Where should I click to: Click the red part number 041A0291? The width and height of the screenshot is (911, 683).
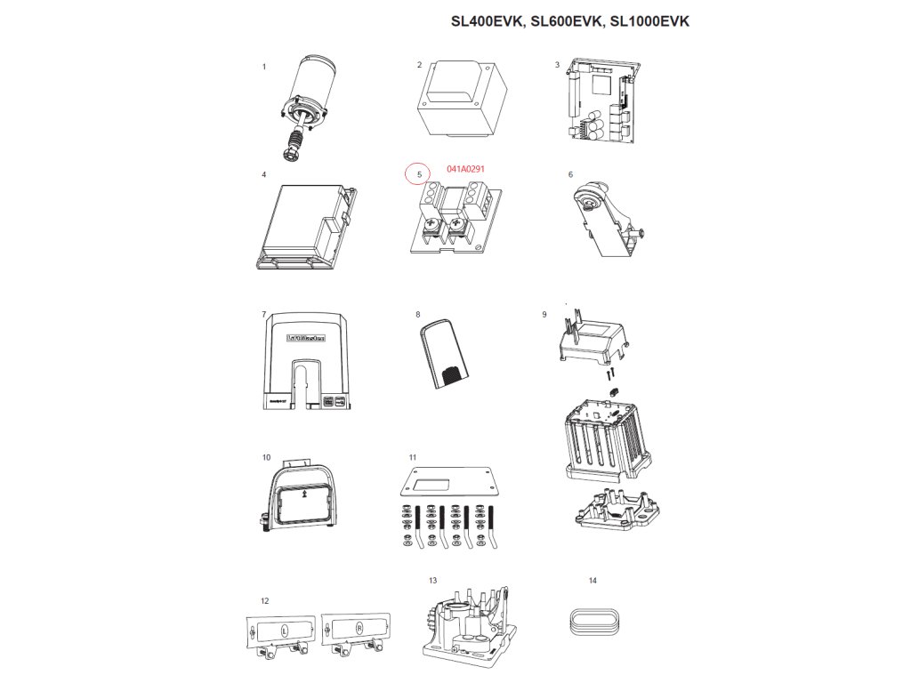(465, 169)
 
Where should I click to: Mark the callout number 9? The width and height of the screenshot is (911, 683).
(544, 315)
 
